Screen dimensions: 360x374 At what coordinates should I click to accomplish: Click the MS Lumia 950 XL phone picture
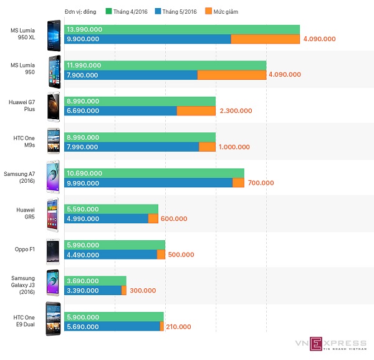pos(54,34)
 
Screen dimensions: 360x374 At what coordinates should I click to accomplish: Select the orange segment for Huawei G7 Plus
pos(196,111)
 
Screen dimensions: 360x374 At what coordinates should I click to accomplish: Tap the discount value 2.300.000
pos(236,111)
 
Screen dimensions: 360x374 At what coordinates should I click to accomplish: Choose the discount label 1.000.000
pos(234,147)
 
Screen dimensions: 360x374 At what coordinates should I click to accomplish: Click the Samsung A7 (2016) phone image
pos(53,177)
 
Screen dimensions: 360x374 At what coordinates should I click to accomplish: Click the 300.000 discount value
pos(143,291)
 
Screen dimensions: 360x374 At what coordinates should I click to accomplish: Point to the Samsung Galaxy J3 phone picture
pos(53,285)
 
